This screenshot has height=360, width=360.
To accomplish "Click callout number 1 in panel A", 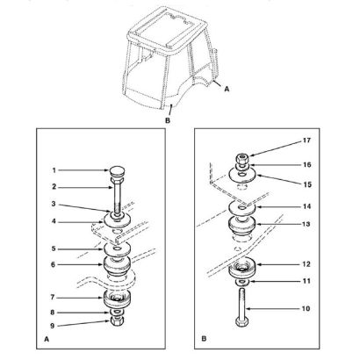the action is click(54, 170).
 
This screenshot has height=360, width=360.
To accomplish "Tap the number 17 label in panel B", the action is click(306, 140).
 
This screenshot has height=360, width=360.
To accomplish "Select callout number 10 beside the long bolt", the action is click(306, 308).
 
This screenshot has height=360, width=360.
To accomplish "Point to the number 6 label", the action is click(53, 264).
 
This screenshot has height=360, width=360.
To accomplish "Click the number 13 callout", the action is click(306, 224).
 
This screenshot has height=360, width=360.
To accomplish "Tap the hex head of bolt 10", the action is click(241, 322).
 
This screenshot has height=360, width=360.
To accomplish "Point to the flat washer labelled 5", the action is click(118, 249).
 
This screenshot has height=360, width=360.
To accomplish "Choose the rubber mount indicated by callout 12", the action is click(242, 268).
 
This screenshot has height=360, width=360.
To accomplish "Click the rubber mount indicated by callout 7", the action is click(118, 299).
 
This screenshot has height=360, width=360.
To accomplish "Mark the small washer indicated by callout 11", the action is click(242, 282).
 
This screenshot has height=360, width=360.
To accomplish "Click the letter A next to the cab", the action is click(227, 89).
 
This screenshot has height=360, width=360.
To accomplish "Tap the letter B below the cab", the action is click(168, 120).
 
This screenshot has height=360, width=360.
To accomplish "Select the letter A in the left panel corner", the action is click(47, 339).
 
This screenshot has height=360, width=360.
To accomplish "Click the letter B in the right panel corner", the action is click(204, 339).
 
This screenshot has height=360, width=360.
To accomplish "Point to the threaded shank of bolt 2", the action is click(117, 198).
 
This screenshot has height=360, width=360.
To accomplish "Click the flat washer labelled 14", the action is click(242, 208).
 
